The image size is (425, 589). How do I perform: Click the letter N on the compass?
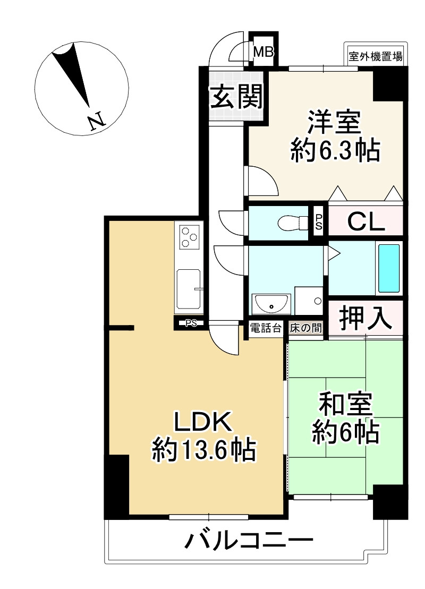tap(96, 122)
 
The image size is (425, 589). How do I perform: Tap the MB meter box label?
tap(263, 52)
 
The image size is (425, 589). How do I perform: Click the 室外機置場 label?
tap(375, 55)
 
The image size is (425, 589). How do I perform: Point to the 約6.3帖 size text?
tap(335, 152)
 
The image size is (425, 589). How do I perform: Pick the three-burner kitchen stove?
tap(189, 236)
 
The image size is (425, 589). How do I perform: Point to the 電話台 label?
tap(265, 328)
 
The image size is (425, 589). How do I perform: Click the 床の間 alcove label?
tap(305, 328)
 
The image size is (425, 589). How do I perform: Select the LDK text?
tap(203, 423)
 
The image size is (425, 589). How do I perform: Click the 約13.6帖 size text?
tap(204, 451)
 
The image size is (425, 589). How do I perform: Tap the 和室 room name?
tap(345, 405)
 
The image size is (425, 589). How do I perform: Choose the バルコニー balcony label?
tap(249, 542)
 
